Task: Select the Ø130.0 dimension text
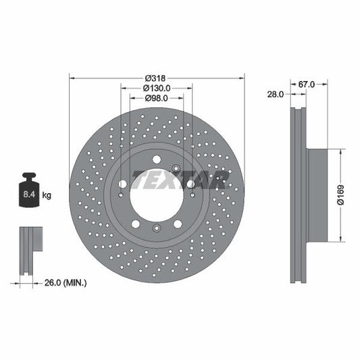tap(156, 87)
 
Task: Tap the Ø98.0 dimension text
tap(156, 99)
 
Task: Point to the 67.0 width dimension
tap(307, 84)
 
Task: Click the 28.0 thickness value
tap(276, 95)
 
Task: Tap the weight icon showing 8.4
tap(29, 192)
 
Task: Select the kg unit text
tap(47, 196)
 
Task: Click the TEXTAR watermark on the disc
tap(181, 179)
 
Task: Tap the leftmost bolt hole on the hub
tap(122, 184)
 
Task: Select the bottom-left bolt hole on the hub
tap(135, 224)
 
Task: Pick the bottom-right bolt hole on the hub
tap(177, 224)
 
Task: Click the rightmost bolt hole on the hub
tap(190, 184)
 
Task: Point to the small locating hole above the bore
tap(176, 168)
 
